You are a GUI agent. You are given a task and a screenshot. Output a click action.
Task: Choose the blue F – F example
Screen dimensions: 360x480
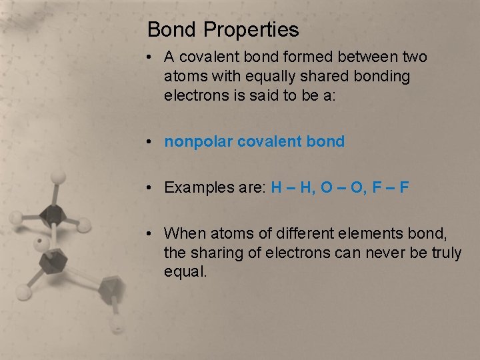(x=394, y=187)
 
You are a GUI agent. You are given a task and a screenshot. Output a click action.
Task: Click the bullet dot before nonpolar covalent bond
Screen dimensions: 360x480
(x=153, y=142)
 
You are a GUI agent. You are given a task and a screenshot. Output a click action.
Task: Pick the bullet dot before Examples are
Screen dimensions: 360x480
(x=153, y=188)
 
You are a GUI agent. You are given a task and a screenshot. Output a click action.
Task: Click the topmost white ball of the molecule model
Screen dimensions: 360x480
(x=59, y=177)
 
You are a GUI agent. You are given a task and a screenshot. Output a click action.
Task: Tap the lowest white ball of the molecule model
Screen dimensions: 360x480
(x=117, y=327)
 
